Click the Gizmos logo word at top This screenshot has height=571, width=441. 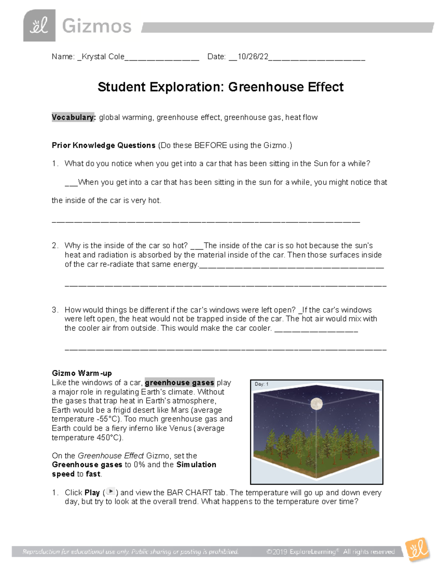coord(97,26)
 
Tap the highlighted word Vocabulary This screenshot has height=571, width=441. coord(73,117)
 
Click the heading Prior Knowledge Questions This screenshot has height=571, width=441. coord(104,145)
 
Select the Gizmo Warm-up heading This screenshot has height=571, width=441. coord(82,373)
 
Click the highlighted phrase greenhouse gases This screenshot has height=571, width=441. coord(179,383)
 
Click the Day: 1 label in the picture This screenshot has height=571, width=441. coord(261,384)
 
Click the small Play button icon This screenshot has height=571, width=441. coord(110,492)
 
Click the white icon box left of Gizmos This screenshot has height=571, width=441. coord(39,26)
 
